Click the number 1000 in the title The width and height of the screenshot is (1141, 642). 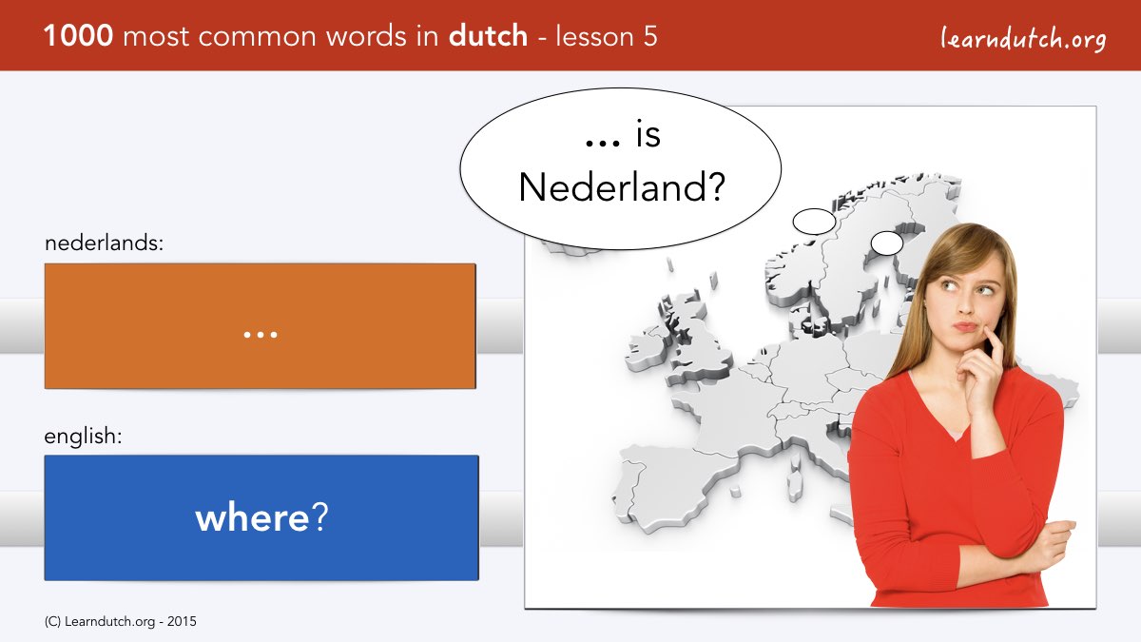tap(78, 36)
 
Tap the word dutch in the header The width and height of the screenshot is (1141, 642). tap(488, 36)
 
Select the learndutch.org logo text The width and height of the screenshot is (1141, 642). tap(1023, 39)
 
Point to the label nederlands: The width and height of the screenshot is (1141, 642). tap(104, 243)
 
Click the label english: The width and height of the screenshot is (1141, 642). tap(83, 437)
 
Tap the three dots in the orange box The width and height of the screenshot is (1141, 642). tap(261, 335)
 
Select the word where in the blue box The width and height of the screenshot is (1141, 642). tap(252, 517)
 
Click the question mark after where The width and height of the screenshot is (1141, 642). tap(319, 516)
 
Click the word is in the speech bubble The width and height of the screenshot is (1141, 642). tap(648, 134)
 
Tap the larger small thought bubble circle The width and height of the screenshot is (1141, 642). tap(814, 221)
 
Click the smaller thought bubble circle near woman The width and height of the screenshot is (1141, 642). tap(887, 243)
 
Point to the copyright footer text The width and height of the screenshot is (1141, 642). tap(120, 622)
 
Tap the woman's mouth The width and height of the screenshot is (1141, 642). tap(966, 326)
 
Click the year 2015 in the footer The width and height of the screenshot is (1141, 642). tap(182, 622)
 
